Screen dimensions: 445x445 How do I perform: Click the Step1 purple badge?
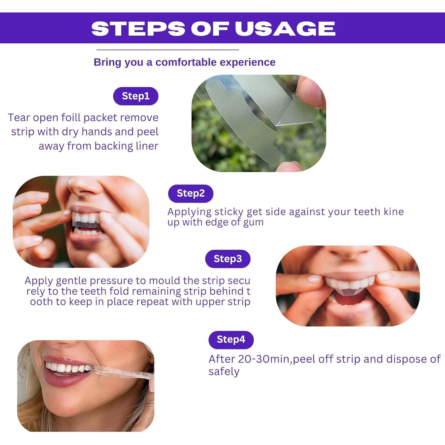point(136,96)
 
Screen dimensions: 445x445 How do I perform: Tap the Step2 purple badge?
point(190,193)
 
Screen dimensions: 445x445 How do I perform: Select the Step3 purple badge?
point(228,259)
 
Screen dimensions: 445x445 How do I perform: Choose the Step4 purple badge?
point(231,340)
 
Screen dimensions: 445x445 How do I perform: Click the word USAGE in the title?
point(285,28)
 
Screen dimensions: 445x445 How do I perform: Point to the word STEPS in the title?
point(138,28)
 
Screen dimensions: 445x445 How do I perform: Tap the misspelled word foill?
point(71,118)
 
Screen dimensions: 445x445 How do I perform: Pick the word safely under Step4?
point(224,372)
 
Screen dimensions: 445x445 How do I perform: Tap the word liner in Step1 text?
point(147,146)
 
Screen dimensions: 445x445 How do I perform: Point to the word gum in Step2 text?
point(253,223)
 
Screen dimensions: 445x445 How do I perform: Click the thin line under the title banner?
point(168,50)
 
